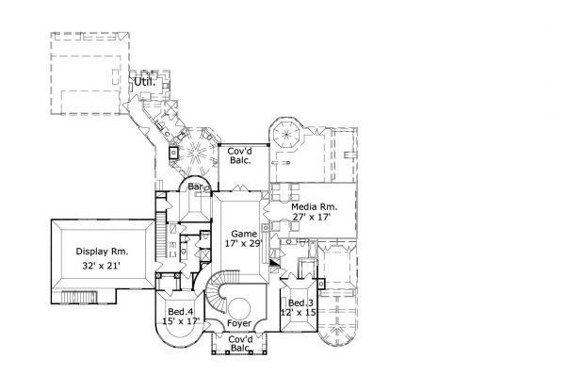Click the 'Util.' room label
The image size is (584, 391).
pos(143,82)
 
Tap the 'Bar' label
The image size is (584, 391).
pos(196,187)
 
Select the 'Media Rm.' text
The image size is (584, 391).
pos(314,206)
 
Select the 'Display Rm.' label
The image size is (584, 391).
pos(101,253)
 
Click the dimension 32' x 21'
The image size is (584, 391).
pos(101,268)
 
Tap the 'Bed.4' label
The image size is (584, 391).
pos(181,311)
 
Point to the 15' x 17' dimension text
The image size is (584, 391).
pos(181,322)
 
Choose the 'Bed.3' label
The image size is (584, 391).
pos(300,302)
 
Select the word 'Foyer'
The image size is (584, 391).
pos(239,323)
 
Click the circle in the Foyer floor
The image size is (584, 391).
pos(241,306)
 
